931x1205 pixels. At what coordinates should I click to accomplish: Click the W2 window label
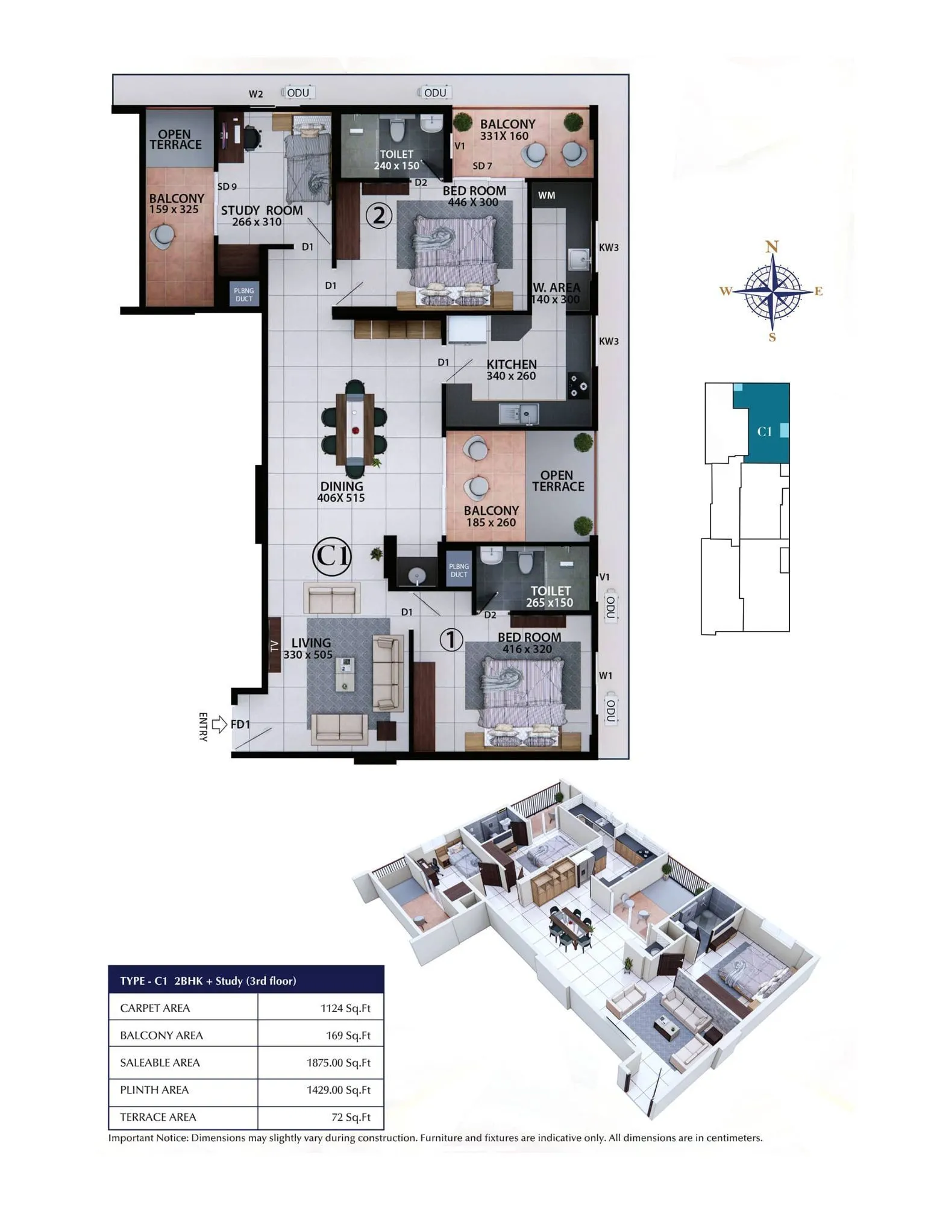tap(255, 94)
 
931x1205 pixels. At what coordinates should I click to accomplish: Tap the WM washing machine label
tap(547, 195)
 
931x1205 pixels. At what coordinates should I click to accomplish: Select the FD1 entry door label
tap(240, 724)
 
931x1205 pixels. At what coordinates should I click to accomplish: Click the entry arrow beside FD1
tap(219, 724)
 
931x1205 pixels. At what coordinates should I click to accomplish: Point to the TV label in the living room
tap(275, 646)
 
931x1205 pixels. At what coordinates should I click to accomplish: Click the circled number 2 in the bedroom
tap(379, 215)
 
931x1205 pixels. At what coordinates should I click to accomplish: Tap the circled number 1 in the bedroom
tap(451, 640)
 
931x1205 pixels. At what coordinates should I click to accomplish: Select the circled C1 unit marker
tap(331, 556)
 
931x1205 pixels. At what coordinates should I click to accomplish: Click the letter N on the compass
tap(772, 246)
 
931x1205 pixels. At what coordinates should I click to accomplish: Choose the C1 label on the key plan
tap(764, 431)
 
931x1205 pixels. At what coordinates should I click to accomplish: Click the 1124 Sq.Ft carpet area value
tap(345, 1008)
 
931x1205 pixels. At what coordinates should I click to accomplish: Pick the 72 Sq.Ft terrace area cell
tap(351, 1117)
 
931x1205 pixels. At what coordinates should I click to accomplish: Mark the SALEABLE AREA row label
tap(160, 1062)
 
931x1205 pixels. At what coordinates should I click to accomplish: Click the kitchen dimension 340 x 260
tap(511, 376)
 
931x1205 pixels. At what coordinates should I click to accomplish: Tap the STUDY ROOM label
tap(262, 210)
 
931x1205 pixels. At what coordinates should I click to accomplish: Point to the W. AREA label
tap(556, 287)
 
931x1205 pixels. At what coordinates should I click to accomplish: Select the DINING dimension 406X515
tap(341, 498)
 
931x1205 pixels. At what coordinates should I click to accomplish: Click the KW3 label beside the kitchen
tap(609, 341)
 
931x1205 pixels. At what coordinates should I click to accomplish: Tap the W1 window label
tap(606, 675)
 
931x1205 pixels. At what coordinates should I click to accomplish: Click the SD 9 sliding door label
tap(227, 187)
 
